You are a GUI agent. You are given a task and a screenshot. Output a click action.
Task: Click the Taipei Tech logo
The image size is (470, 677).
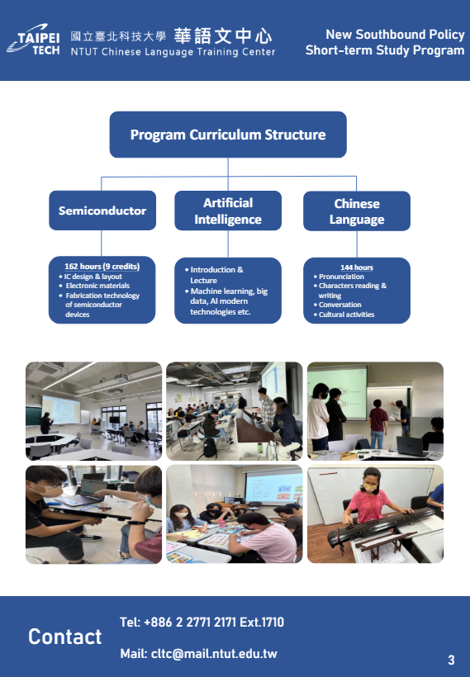coord(34,40)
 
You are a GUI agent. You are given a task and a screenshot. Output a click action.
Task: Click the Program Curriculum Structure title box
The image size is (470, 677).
coord(228,135)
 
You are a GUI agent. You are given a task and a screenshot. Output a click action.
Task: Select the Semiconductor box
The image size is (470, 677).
coord(102,211)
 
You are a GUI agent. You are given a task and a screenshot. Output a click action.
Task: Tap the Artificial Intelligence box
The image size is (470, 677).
coord(228,211)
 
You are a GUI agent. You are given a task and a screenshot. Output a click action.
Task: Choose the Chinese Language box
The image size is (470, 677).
coord(357,211)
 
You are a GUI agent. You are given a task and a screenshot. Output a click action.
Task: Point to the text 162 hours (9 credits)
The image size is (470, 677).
coord(102,267)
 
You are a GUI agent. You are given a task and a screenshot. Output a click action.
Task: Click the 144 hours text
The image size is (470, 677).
coord(356,267)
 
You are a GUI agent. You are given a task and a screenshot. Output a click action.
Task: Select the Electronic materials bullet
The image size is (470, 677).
coord(94,286)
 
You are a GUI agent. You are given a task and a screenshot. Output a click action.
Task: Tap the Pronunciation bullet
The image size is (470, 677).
coord(339,277)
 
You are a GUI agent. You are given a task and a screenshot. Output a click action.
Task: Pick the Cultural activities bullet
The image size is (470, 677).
coord(344,315)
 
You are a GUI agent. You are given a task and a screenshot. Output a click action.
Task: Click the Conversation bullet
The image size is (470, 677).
coord(337,305)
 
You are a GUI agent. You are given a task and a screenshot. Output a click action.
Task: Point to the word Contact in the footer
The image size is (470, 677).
coord(65,637)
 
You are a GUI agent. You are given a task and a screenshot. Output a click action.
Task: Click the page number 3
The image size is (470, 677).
coord(451,660)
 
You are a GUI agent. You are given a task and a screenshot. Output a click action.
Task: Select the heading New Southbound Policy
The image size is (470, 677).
coord(395,34)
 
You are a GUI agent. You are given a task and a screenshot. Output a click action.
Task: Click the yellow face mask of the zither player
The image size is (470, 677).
coord(370,486)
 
